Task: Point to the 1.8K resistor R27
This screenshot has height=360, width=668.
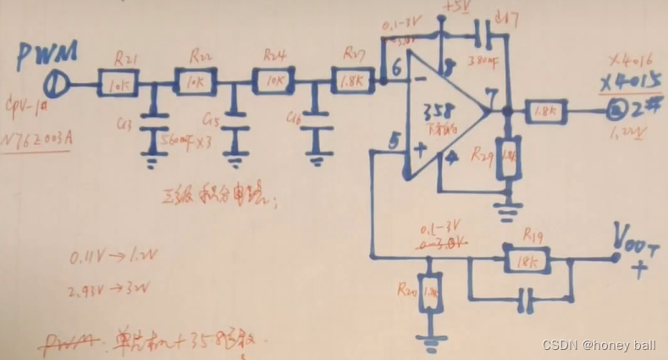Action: [352, 80]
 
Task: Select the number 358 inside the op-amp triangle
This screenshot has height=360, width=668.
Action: [443, 111]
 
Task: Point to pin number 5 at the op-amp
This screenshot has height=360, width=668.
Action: [393, 144]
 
